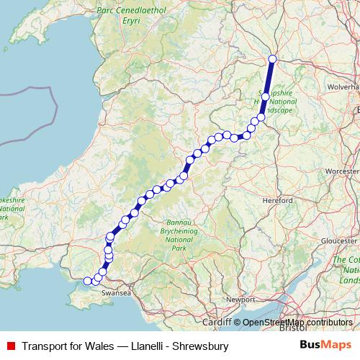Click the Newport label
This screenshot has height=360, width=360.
241,298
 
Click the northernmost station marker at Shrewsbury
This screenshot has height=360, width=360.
272,59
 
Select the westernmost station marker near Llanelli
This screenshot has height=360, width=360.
88,281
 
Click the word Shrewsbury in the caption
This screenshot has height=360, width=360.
202,346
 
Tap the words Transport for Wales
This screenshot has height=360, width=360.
68,346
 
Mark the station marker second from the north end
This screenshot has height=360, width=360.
265,96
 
